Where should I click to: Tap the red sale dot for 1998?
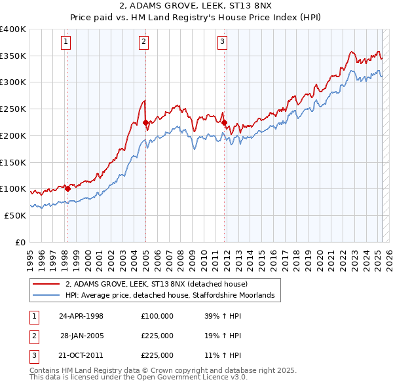coord(67,188)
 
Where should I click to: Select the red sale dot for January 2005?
coord(145,122)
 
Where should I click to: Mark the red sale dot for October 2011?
coord(224,122)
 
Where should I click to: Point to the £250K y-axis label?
coord(12,109)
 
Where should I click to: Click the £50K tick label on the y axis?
coord(15,215)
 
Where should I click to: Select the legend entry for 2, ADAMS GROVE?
coord(156,284)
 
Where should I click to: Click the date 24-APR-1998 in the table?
coord(81,316)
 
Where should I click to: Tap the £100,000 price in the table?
coord(157,316)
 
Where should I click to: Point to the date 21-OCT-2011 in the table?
coord(81,355)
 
